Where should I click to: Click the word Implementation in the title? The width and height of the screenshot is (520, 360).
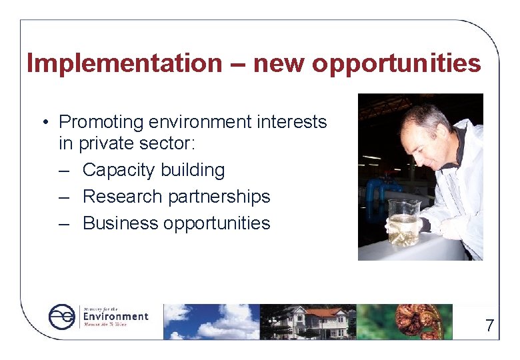[124, 63]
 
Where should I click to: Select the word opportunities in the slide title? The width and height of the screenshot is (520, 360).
[396, 64]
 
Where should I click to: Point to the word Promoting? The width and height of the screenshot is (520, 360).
[101, 122]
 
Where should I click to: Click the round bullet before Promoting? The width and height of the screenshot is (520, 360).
[43, 123]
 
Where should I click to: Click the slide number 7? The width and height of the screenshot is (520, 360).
[490, 325]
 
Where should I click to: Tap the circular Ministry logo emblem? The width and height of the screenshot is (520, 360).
[63, 317]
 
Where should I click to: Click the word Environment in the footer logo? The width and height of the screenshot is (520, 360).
[115, 316]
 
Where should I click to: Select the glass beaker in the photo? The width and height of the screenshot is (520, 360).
[403, 223]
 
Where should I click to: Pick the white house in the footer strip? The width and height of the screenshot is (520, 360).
[313, 321]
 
